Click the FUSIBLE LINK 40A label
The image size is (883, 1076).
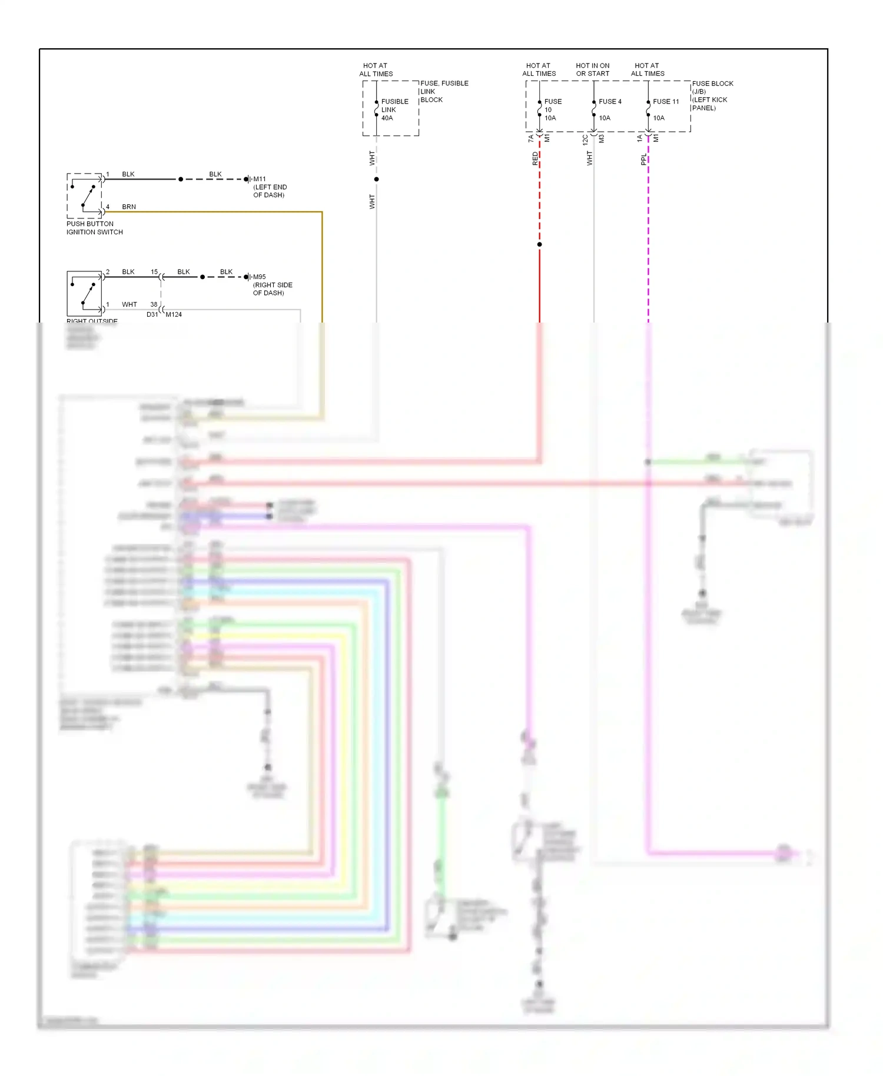pos(394,109)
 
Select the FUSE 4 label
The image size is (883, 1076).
pos(609,101)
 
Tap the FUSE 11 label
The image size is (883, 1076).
pos(665,101)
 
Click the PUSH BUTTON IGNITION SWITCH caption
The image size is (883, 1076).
pos(94,228)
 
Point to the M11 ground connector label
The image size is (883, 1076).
pos(260,179)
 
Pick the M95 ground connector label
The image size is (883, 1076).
pos(260,277)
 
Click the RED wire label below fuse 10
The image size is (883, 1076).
pos(535,158)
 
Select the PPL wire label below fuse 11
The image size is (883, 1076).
pos(643,160)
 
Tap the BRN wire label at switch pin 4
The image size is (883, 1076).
pos(129,207)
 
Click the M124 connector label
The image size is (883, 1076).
pos(174,314)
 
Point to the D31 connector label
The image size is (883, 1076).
pos(152,314)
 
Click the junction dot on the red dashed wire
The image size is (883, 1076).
pos(539,244)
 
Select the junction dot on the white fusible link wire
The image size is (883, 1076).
pos(376,179)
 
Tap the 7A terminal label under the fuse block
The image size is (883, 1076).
pos(530,139)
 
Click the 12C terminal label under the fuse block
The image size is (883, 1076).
pos(585,140)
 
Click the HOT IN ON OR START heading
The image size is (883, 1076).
pos(592,69)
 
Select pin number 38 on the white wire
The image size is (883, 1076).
pos(154,304)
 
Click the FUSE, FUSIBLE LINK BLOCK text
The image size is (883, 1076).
pos(444,91)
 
